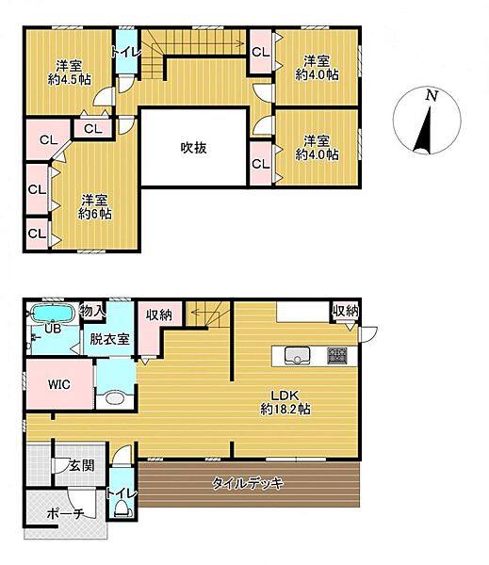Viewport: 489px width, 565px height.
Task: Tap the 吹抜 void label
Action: click(193, 147)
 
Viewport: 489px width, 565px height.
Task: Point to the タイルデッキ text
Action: click(247, 483)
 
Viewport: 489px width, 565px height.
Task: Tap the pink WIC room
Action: click(59, 384)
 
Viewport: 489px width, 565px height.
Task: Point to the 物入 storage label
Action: click(91, 310)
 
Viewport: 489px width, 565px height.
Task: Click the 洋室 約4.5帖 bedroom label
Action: click(68, 72)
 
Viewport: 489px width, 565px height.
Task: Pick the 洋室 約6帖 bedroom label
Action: click(95, 206)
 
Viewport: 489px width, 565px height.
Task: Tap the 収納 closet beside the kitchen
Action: click(344, 311)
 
